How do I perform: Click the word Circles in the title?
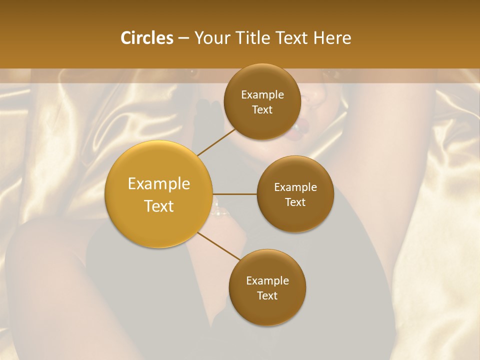[x=147, y=38]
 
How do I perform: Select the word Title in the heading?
[x=255, y=38]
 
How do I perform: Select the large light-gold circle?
[x=158, y=194]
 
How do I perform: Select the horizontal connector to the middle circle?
[x=234, y=194]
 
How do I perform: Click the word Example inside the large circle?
[x=159, y=184]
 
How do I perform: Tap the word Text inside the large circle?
[x=159, y=206]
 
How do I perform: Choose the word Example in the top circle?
[x=262, y=95]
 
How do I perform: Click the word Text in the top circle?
[x=262, y=110]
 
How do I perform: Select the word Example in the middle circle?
[x=295, y=187]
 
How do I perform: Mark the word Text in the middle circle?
[x=295, y=202]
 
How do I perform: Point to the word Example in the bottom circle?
[x=267, y=281]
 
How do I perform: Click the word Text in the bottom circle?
[x=267, y=296]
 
